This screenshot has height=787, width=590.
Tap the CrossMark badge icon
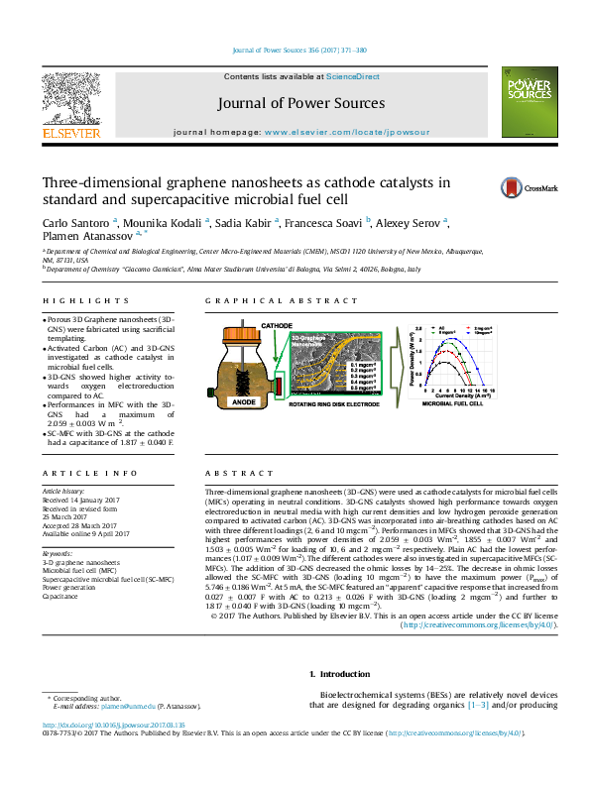(516, 187)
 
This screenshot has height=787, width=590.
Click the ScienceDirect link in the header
(353, 76)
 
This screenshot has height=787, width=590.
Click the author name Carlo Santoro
(76, 222)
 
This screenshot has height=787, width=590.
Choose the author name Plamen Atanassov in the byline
(87, 236)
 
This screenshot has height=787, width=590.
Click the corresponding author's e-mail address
(129, 705)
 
